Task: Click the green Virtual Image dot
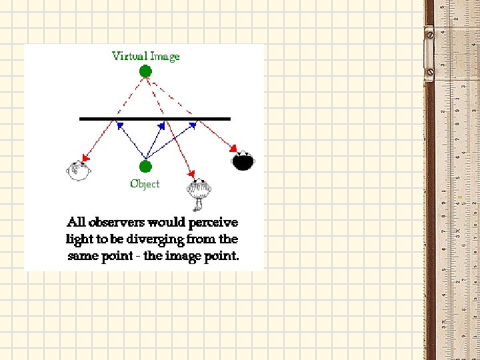click(x=145, y=71)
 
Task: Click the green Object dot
click(x=145, y=166)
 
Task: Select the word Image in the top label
click(x=165, y=56)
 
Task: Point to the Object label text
click(x=145, y=183)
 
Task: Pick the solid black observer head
click(x=243, y=161)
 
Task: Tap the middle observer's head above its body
click(x=199, y=189)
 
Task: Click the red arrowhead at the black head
click(x=235, y=147)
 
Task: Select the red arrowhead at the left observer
click(x=85, y=158)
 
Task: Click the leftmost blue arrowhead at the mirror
click(x=119, y=124)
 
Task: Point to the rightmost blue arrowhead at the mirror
click(x=194, y=123)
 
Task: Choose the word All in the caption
click(x=76, y=222)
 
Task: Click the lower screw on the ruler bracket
click(x=430, y=71)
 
